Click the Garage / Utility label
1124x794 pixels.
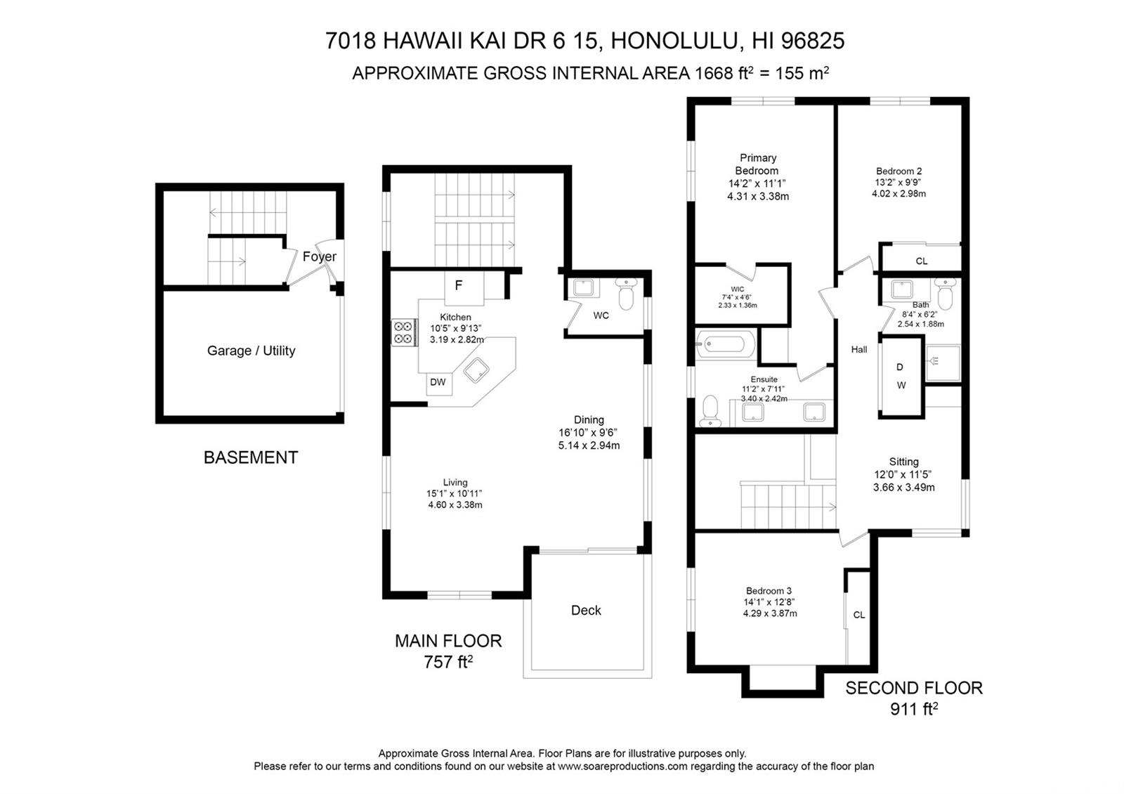(x=251, y=351)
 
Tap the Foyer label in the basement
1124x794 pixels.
(x=319, y=256)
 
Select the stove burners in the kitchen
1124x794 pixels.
(x=405, y=332)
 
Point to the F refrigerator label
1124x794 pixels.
(x=458, y=285)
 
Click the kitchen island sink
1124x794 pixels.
(x=476, y=370)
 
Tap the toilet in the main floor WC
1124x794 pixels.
(x=626, y=294)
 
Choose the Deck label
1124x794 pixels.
(x=586, y=611)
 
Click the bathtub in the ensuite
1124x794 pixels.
(x=725, y=344)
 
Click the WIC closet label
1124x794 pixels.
(x=738, y=289)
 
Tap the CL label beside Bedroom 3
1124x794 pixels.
(x=859, y=615)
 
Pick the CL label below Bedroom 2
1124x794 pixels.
(x=921, y=261)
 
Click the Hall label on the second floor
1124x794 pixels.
(x=859, y=349)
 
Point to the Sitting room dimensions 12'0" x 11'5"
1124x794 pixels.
(x=903, y=474)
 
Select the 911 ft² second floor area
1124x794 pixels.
(x=914, y=709)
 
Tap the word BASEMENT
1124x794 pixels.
(x=251, y=457)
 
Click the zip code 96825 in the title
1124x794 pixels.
(x=813, y=41)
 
